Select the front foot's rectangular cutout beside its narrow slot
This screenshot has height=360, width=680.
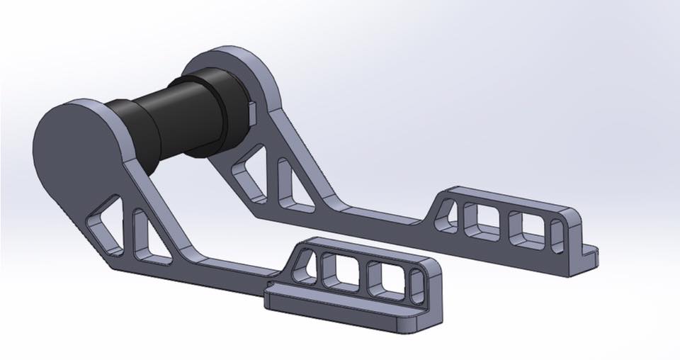click(x=382, y=280)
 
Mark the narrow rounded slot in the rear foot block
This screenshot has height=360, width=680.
click(x=557, y=234)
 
